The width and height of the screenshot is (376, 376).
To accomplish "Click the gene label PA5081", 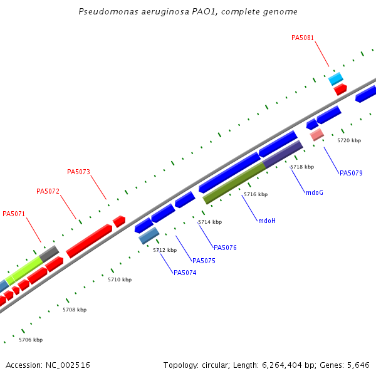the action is (x=303, y=38).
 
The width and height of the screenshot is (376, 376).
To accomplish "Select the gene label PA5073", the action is (x=78, y=172).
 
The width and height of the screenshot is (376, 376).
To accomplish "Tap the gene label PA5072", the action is (x=48, y=191).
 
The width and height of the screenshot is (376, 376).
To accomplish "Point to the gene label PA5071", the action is (x=14, y=214).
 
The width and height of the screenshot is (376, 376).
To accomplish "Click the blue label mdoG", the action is (x=315, y=192).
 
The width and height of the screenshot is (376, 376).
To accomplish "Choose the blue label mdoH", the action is (x=267, y=221).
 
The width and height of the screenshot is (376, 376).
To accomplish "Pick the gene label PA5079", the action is (x=351, y=173).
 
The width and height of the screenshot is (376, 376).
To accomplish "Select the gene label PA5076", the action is (x=225, y=248).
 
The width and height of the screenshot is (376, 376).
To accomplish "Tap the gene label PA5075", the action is (x=204, y=261).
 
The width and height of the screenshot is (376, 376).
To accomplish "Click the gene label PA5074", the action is (x=185, y=273).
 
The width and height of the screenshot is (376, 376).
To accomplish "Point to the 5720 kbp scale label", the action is (x=349, y=140).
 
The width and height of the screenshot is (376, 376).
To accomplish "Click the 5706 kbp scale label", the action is (x=31, y=340).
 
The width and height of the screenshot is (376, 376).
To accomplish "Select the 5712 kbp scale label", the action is (x=165, y=250).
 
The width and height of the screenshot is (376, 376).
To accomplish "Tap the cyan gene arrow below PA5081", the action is (x=336, y=78).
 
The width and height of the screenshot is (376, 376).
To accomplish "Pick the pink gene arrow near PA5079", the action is (x=316, y=134).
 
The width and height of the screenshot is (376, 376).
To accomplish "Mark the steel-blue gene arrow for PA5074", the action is (x=149, y=236).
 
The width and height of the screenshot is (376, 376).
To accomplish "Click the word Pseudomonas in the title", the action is (x=106, y=12).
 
